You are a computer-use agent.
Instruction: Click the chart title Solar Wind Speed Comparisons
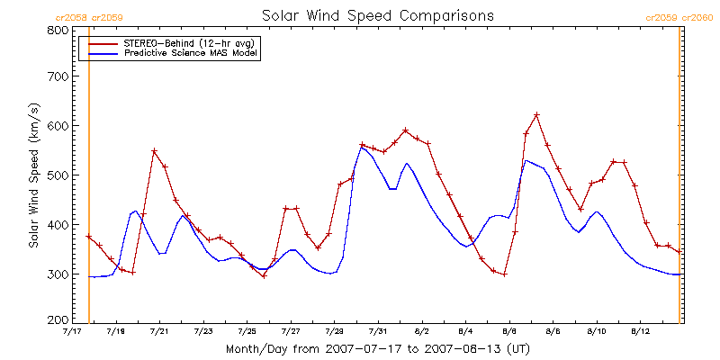[377, 15]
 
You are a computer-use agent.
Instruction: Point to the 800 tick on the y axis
[57, 30]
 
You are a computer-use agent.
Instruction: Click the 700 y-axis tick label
[57, 77]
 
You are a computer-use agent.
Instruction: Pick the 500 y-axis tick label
[57, 175]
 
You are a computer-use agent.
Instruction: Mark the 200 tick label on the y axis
[57, 319]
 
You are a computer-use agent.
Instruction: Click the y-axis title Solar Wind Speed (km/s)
[33, 175]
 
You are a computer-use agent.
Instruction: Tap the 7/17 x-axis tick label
[72, 332]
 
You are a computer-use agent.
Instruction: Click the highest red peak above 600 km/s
[536, 114]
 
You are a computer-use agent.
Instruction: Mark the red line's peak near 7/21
[154, 150]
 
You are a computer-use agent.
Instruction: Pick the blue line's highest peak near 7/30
[362, 147]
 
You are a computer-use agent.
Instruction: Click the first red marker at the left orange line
[89, 237]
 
